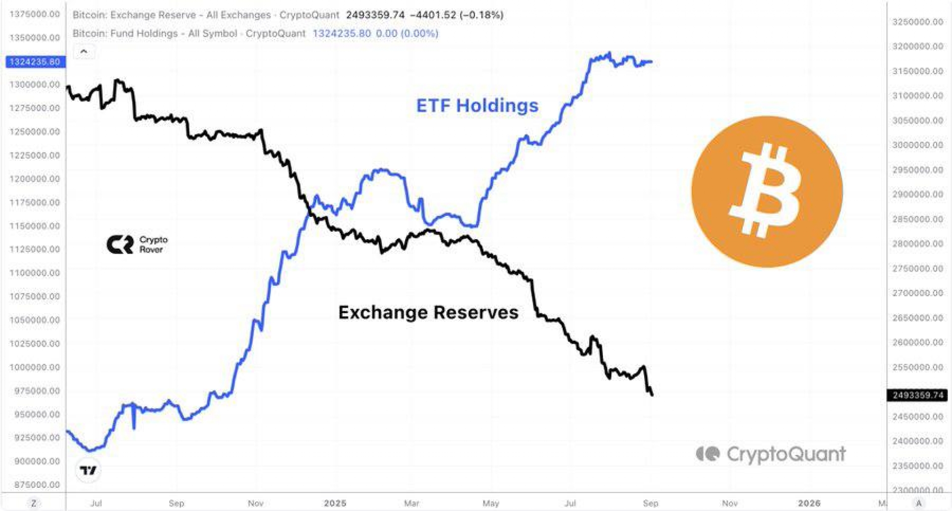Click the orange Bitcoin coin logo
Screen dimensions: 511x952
pyautogui.click(x=767, y=192)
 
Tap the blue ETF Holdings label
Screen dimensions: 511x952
pyautogui.click(x=477, y=106)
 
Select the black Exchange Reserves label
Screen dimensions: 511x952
pyautogui.click(x=428, y=313)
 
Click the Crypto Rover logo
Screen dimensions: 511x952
pyautogui.click(x=137, y=244)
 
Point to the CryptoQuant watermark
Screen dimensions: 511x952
pyautogui.click(x=771, y=454)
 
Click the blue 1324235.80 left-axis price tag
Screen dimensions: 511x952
pyautogui.click(x=35, y=62)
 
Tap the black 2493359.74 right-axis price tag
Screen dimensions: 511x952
pyautogui.click(x=917, y=395)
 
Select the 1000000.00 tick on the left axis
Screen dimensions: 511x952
pyautogui.click(x=35, y=367)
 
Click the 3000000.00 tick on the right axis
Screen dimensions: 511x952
pyautogui.click(x=917, y=145)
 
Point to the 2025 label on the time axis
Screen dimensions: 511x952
pyautogui.click(x=335, y=503)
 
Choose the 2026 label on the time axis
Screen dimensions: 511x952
pyautogui.click(x=809, y=503)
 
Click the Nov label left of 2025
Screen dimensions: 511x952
pyautogui.click(x=255, y=503)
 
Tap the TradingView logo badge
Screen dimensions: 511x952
pyautogui.click(x=88, y=470)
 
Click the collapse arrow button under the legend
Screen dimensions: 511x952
pyautogui.click(x=84, y=52)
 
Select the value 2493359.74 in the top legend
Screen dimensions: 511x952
pyautogui.click(x=375, y=15)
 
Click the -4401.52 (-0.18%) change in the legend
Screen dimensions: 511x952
pyautogui.click(x=457, y=15)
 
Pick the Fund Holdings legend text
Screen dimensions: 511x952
pyautogui.click(x=189, y=33)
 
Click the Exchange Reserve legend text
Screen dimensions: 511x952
pyautogui.click(x=206, y=15)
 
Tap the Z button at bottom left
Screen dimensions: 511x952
pyautogui.click(x=34, y=503)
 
